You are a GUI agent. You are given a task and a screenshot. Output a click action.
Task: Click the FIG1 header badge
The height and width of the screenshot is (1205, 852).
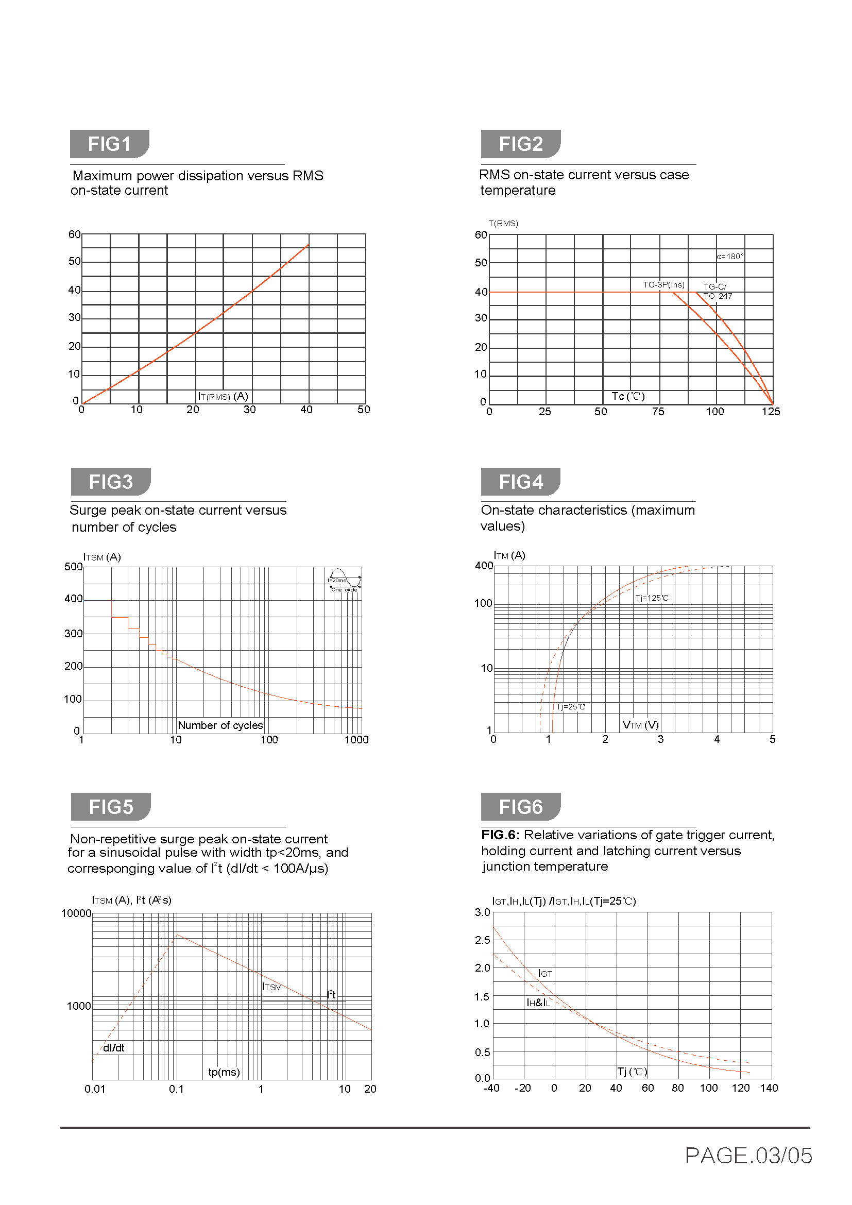click(109, 144)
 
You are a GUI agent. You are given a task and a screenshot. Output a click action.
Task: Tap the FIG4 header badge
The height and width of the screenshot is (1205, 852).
click(520, 481)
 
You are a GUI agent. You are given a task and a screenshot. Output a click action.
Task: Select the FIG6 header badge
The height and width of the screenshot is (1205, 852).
click(520, 806)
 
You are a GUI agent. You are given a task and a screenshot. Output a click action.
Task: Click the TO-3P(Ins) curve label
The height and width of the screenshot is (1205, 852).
click(663, 284)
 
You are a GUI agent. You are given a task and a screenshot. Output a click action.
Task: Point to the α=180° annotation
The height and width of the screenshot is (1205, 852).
click(730, 256)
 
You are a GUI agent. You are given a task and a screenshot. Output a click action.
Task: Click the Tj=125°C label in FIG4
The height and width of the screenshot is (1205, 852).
click(652, 598)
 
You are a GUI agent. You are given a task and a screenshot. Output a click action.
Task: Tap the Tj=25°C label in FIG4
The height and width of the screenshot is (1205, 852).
click(570, 707)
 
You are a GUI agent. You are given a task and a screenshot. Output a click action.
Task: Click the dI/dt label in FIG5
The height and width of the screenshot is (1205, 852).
click(113, 1047)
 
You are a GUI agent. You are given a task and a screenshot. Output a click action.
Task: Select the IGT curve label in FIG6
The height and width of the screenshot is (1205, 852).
click(545, 974)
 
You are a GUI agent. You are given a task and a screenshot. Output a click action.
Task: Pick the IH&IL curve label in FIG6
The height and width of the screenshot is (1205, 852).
click(538, 1003)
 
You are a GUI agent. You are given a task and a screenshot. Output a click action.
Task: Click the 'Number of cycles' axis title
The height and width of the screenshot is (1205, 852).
click(220, 725)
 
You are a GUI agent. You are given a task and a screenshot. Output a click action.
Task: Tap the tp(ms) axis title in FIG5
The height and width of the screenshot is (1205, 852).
click(224, 1072)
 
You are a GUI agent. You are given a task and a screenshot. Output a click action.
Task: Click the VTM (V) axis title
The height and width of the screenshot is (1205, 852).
click(640, 725)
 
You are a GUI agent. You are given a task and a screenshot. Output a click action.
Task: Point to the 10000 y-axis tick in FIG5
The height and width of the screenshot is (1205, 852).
click(76, 913)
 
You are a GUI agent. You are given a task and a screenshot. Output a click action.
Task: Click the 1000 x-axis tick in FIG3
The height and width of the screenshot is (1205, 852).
click(356, 739)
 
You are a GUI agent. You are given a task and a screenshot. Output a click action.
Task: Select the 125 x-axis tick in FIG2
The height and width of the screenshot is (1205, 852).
click(771, 412)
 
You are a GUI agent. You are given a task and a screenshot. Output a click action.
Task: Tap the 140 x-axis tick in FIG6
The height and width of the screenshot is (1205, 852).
click(769, 1088)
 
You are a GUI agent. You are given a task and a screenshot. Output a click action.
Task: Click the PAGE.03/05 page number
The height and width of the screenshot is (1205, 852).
click(748, 1156)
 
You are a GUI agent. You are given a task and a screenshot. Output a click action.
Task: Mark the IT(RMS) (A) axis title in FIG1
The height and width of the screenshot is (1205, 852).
click(223, 396)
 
